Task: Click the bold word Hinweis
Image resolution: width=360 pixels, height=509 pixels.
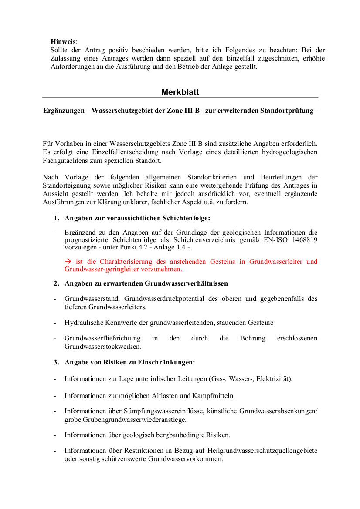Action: click(x=63, y=42)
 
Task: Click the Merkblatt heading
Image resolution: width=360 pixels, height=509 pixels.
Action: click(x=180, y=92)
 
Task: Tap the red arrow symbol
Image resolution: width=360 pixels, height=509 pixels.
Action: click(x=68, y=262)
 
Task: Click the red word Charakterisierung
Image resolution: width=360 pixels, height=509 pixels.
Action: click(x=126, y=262)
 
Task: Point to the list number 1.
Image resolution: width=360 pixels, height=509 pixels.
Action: click(x=56, y=218)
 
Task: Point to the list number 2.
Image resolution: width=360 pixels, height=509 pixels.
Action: click(x=56, y=283)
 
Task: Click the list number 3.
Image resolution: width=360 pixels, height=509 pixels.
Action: click(x=56, y=362)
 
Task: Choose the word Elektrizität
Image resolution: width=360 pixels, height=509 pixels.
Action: click(x=274, y=379)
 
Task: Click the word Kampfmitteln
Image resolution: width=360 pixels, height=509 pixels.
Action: click(x=214, y=396)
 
